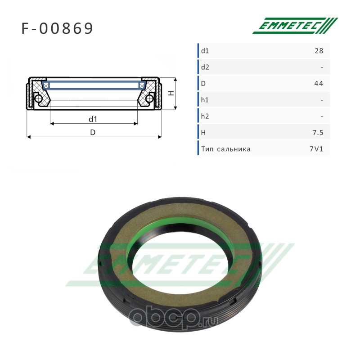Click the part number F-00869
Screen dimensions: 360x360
coord(57,28)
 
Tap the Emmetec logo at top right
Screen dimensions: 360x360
coord(295,26)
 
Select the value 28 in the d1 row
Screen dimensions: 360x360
coord(319,51)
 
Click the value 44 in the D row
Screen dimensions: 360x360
coord(319,84)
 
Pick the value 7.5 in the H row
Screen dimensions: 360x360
coord(318,133)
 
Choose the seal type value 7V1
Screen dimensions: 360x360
coord(316,149)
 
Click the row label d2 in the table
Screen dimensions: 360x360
coord(205,67)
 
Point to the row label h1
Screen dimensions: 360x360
coord(205,100)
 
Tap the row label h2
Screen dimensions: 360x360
coord(205,117)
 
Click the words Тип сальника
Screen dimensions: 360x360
coord(226,149)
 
